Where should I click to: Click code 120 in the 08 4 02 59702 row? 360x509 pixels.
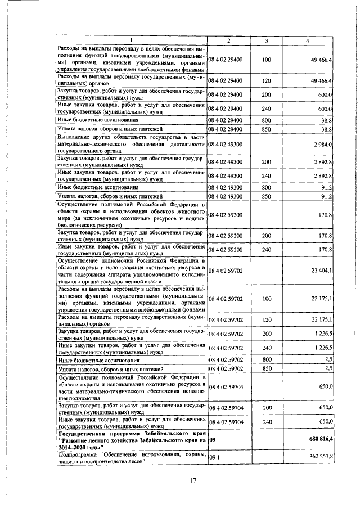267,320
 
